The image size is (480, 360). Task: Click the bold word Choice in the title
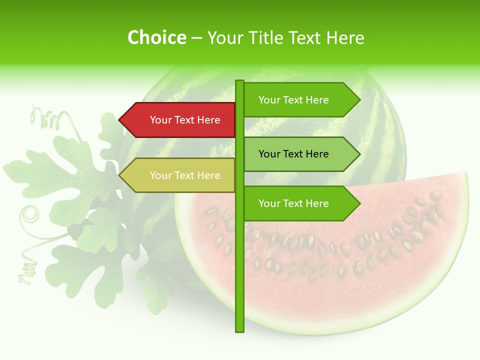pos(156,37)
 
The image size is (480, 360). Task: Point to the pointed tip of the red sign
pos(120,120)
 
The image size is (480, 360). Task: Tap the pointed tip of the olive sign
pos(120,175)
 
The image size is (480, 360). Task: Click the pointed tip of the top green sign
pos(359,100)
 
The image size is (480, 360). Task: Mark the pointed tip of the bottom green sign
pos(359,203)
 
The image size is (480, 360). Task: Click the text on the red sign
pos(185,120)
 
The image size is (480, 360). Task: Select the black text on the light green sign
pos(293,154)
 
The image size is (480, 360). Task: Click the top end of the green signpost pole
pos(239,82)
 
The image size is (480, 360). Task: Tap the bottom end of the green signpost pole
pos(239,330)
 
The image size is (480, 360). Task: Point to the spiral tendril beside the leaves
pos(30,215)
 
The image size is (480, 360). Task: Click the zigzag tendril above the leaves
pos(47,119)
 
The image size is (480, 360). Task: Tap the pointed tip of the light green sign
pos(359,154)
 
